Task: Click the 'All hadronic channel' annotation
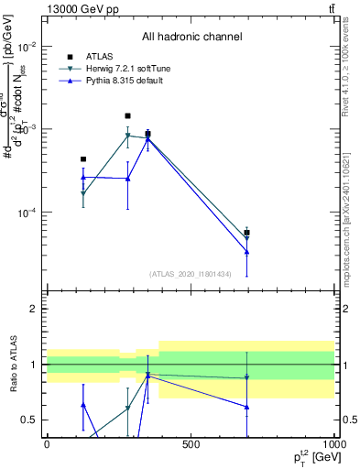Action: click(x=191, y=37)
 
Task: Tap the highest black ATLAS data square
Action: click(x=127, y=116)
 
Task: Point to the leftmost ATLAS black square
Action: click(x=83, y=159)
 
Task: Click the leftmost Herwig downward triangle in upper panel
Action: click(x=83, y=194)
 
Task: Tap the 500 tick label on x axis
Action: click(x=191, y=444)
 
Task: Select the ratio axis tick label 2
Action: click(x=33, y=310)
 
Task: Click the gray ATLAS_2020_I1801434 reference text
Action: click(x=191, y=274)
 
